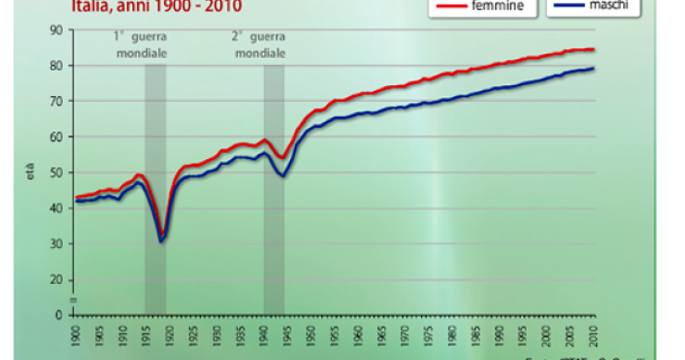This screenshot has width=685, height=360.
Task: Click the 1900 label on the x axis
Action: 74,332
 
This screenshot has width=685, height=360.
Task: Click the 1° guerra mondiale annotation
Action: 140,45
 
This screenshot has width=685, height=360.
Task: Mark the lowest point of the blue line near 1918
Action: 161,242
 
